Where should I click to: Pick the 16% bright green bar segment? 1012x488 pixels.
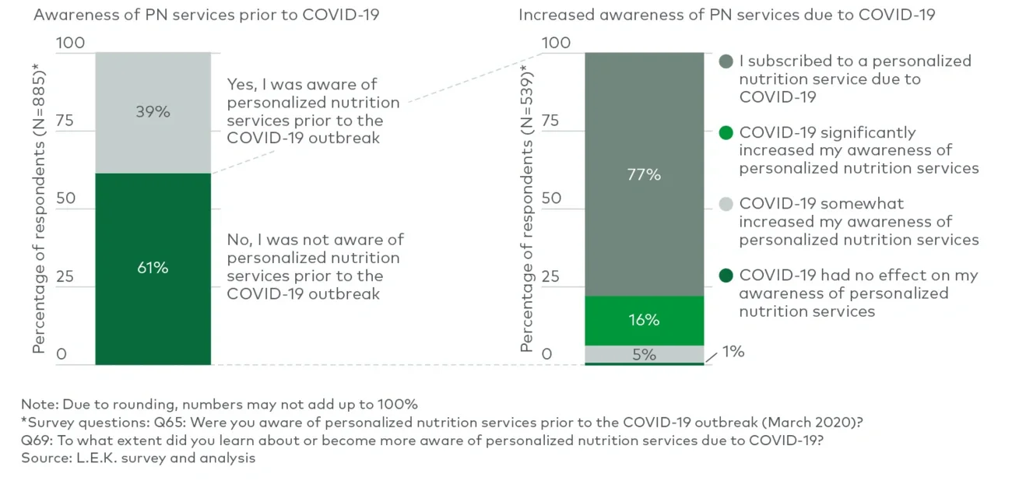pos(644,320)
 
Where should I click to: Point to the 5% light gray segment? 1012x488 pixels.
pos(644,354)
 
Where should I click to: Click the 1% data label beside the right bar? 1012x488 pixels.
pos(733,352)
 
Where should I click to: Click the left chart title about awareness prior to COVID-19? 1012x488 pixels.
pos(206,15)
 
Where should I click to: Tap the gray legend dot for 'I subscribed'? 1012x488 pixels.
pos(726,61)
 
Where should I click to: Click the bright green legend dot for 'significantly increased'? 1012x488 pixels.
pos(726,133)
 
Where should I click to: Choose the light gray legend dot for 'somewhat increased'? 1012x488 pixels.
pos(726,204)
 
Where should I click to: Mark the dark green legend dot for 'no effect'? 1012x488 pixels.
pos(726,276)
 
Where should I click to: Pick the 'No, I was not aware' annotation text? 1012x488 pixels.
pos(315,267)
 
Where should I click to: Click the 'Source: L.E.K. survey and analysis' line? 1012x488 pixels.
pos(139,458)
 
